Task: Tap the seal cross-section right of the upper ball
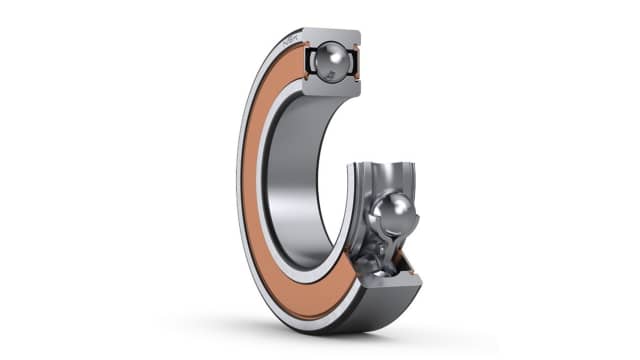click(x=355, y=62)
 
